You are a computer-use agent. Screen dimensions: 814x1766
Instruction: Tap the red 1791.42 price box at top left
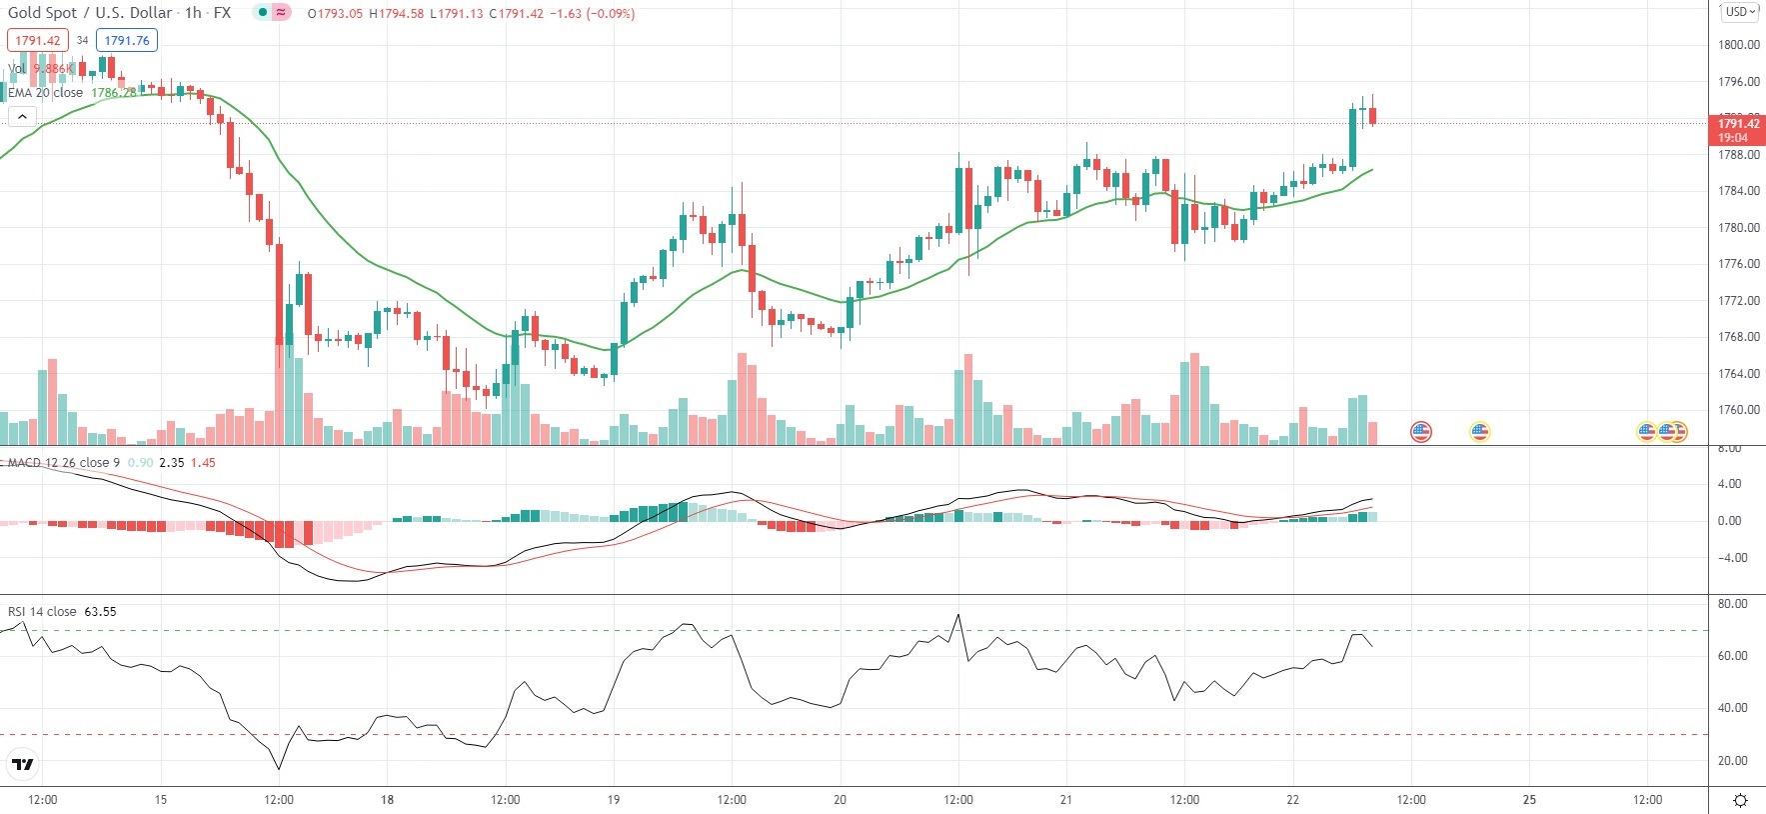coord(38,41)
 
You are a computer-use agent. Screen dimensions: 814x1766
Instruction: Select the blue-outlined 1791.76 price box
coord(127,41)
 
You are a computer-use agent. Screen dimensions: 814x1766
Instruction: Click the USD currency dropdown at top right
coord(1740,12)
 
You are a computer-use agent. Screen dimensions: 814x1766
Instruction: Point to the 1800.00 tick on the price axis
coord(1738,45)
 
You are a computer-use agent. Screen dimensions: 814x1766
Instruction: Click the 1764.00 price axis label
coord(1738,374)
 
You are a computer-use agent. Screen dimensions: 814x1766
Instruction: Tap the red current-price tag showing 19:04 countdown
coord(1737,130)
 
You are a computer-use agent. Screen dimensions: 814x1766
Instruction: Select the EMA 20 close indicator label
coord(46,93)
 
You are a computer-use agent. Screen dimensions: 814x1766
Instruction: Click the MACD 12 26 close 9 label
coord(64,463)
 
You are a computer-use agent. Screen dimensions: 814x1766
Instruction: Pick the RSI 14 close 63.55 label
coord(62,612)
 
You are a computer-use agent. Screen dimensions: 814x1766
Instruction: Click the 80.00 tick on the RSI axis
coord(1732,604)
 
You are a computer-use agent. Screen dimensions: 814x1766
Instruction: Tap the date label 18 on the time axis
coord(387,800)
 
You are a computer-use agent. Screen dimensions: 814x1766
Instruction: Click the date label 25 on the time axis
coord(1529,800)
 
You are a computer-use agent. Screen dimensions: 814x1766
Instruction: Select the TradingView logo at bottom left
coord(22,765)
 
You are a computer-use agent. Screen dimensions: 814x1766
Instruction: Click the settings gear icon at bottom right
coord(1740,800)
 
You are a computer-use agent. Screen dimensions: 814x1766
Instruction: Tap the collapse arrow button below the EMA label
coord(22,117)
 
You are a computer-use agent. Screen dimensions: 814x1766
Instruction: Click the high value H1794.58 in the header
coord(397,14)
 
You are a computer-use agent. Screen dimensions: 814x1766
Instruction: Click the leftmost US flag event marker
coord(1420,432)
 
